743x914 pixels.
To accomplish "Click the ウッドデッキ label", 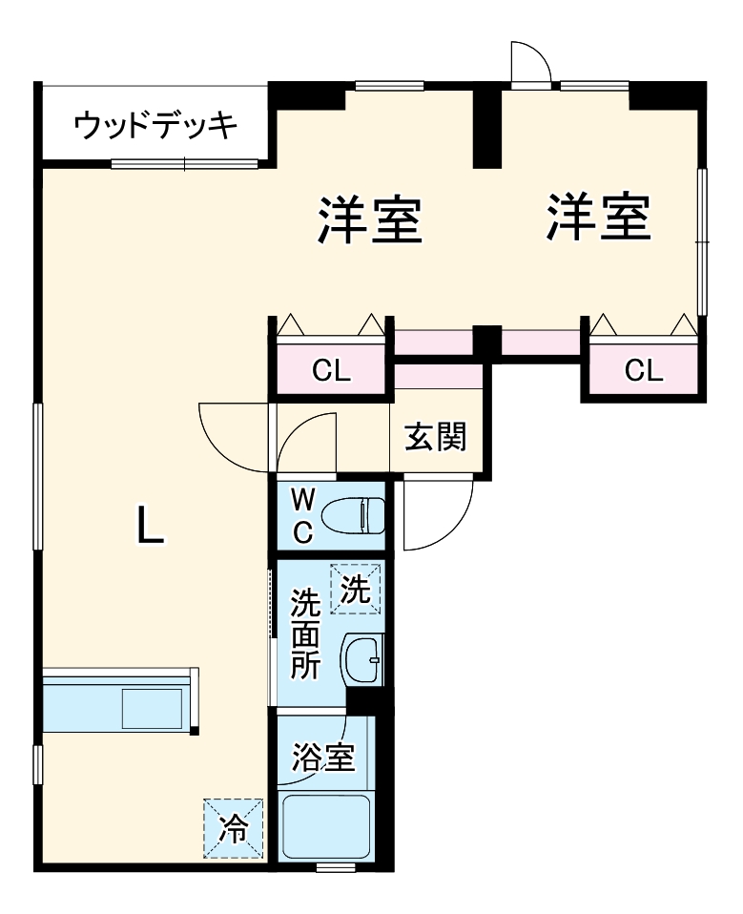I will click(x=155, y=125).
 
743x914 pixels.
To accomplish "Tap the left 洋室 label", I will click(x=370, y=218).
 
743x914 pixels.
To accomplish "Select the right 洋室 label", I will click(x=599, y=217).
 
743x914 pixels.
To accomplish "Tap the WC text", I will click(x=301, y=515).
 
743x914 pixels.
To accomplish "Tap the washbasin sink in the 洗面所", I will click(x=363, y=659).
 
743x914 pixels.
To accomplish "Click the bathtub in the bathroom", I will click(x=326, y=825).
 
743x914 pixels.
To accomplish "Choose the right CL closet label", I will click(x=644, y=370).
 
